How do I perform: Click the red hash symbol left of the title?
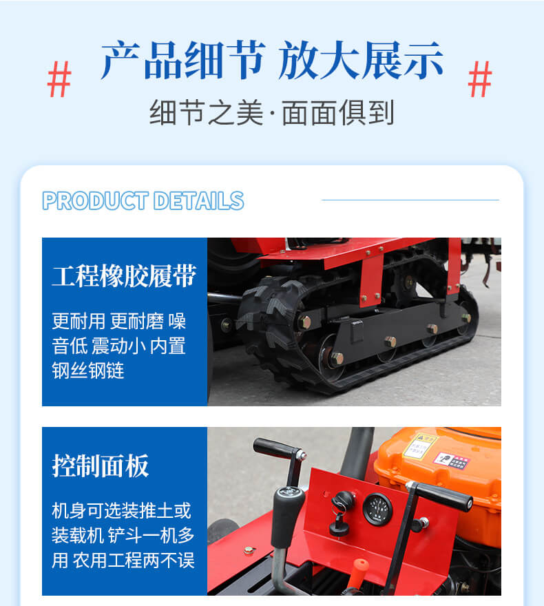click(59, 79)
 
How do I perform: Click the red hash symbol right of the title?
click(479, 79)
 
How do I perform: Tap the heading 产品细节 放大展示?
click(272, 60)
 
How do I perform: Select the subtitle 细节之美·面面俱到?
click(272, 112)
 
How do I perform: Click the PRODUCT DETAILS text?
click(143, 200)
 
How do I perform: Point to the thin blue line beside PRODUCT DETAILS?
click(410, 200)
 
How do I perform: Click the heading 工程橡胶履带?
click(125, 276)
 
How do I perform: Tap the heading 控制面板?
click(101, 466)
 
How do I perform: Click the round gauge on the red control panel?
click(377, 509)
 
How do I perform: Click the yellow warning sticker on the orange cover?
click(421, 446)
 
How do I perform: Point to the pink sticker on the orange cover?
click(451, 461)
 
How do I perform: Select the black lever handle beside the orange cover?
click(441, 496)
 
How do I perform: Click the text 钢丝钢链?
click(88, 370)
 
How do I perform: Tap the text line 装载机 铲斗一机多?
click(123, 535)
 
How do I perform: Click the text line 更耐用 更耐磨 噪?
click(119, 321)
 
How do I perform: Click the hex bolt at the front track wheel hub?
click(304, 322)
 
